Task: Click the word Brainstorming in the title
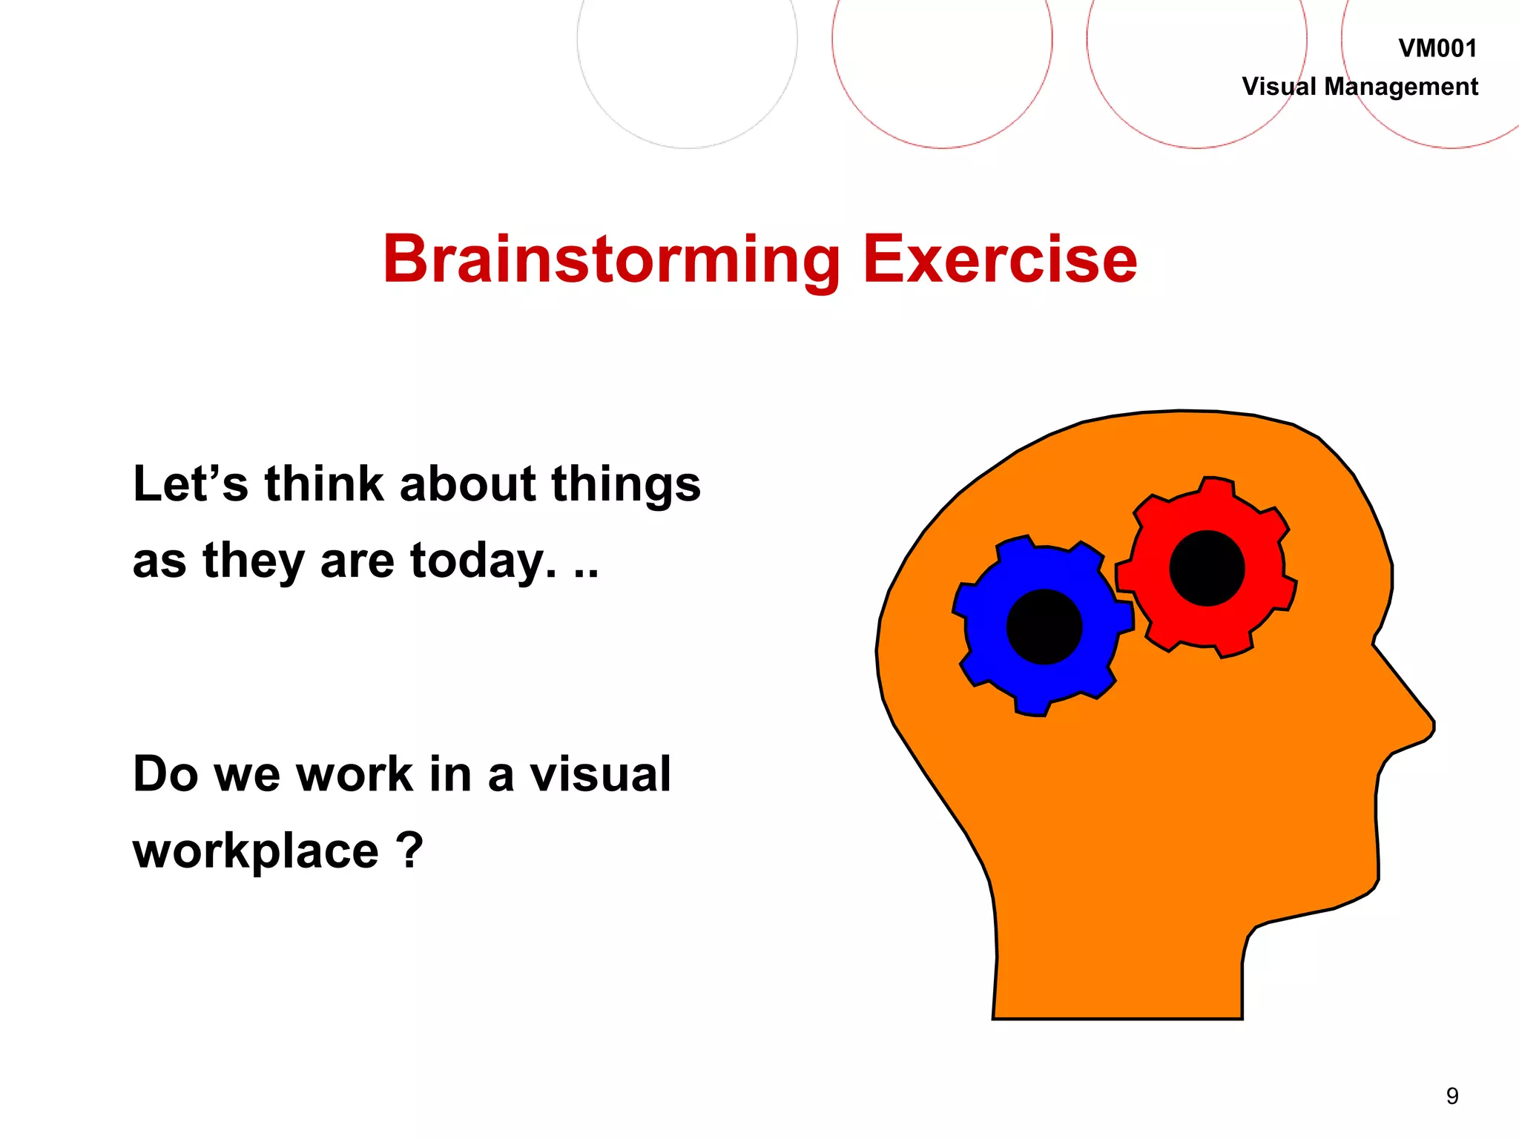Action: tap(611, 260)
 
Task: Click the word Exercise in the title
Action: tap(999, 260)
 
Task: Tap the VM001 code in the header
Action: tap(1437, 49)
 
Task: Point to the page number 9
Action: tap(1452, 1096)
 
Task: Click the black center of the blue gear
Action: tap(1044, 627)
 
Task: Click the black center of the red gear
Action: tap(1207, 568)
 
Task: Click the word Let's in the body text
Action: tap(190, 484)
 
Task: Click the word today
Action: tap(482, 561)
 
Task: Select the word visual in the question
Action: tap(599, 774)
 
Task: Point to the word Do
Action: tap(165, 774)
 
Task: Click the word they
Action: tap(253, 561)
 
